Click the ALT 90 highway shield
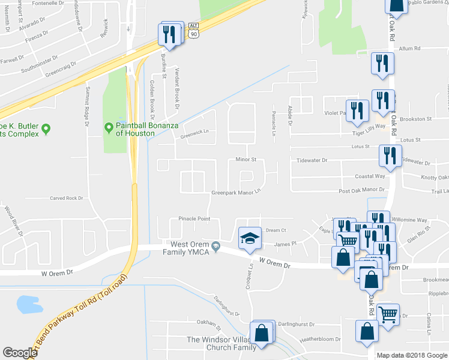tap(193, 30)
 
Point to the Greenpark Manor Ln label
tap(237, 193)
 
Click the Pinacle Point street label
tap(194, 219)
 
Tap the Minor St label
tap(246, 160)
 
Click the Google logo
tap(20, 353)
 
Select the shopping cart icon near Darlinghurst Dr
tap(388, 313)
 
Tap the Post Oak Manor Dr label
tap(361, 190)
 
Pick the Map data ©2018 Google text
tap(412, 355)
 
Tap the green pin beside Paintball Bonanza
tap(109, 128)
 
